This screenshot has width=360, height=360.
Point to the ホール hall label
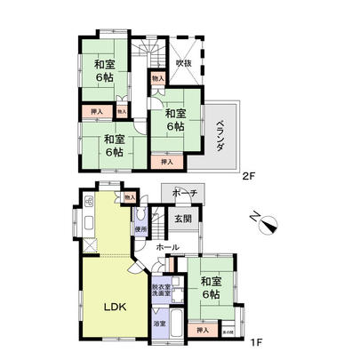(x=167, y=246)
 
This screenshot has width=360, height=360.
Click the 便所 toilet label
(x=140, y=228)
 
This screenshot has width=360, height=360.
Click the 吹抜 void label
(x=184, y=63)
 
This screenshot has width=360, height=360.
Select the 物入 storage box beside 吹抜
(x=158, y=79)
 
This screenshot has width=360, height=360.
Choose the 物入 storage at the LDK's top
(x=130, y=196)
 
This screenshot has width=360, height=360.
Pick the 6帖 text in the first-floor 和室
(x=212, y=294)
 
